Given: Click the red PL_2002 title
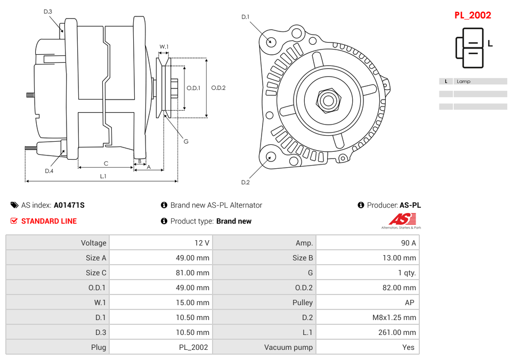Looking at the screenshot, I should coord(473,15).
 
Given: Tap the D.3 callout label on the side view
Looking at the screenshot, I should coord(48,12).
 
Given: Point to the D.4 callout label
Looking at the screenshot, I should coord(49,171).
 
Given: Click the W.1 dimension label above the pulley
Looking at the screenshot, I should coord(164,47).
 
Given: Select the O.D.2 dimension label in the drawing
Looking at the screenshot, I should coord(218,88).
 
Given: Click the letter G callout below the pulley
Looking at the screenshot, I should coord(186,142).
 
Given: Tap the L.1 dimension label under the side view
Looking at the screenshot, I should coord(103,176).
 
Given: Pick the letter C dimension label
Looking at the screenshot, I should coord(106,163).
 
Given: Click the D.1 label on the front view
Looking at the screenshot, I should coord(245,17).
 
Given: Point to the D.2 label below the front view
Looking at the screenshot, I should coord(245,183).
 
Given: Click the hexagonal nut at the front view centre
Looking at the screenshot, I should coord(328,100).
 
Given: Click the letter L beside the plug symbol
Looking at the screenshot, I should coord(490,44).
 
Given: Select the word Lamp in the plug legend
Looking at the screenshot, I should coord(464,81).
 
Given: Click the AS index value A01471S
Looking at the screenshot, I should coord(69,205).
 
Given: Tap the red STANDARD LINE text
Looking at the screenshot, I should coord(49,221).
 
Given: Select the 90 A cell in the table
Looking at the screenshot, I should coord(409,243).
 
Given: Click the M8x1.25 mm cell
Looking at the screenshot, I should coord(394,317).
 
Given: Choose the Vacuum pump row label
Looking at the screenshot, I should coord(288,347).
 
